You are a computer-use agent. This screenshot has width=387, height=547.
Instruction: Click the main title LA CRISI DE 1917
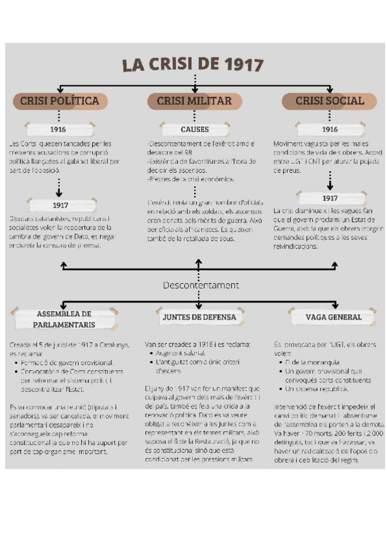click(193, 65)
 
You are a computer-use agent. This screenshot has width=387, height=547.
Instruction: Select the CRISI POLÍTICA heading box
click(59, 101)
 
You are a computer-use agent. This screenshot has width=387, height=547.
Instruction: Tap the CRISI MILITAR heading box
click(195, 101)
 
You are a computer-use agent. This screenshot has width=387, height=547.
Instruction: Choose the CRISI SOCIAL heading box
click(330, 101)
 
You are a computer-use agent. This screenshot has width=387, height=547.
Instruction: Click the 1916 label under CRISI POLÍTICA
click(59, 129)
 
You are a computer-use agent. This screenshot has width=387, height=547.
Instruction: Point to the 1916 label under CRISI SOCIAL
click(330, 129)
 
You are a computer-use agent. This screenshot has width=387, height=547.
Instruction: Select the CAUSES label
click(195, 129)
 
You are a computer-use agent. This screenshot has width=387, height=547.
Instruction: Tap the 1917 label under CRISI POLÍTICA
click(60, 205)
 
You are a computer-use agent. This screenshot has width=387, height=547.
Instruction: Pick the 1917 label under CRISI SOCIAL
click(330, 198)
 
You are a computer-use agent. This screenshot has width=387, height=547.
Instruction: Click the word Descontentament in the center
click(201, 285)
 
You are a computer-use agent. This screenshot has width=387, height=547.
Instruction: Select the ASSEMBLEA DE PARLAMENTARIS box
click(63, 319)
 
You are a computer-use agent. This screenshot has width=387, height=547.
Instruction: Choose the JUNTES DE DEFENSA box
click(199, 317)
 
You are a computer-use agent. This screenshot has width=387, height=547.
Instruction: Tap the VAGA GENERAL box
click(335, 317)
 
